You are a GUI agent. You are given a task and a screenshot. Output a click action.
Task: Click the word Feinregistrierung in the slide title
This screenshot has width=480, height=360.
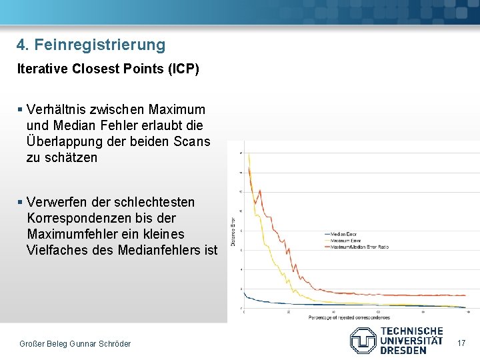(x=99, y=45)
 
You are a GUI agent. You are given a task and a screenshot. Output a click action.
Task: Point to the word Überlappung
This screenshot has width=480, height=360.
(x=64, y=142)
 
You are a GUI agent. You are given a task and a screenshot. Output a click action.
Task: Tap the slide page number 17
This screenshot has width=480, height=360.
(x=460, y=343)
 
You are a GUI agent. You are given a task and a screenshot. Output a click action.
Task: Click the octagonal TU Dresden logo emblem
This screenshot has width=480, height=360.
(x=363, y=340)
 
